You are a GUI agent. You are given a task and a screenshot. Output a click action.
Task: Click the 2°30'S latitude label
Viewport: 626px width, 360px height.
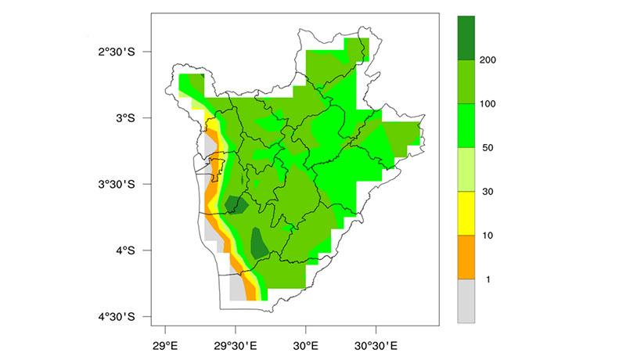[x=117, y=52]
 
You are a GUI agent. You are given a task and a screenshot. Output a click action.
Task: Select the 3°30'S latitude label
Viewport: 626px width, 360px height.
[x=117, y=185]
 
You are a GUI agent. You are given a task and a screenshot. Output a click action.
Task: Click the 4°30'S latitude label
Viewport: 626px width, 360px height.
[x=117, y=317]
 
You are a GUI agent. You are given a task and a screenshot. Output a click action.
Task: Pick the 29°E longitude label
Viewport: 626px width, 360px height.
[x=166, y=344]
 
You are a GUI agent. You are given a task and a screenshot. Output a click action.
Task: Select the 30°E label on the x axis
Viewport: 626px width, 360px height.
[x=306, y=344]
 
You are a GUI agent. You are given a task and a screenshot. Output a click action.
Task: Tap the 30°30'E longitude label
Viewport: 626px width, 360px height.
[x=376, y=344]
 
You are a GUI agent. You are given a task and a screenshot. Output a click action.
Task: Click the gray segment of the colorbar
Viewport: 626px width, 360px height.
[x=466, y=301]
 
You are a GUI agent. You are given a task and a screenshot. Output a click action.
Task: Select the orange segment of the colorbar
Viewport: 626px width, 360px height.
[x=466, y=257]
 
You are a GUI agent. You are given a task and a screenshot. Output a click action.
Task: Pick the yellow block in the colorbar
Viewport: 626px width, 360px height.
[x=466, y=213]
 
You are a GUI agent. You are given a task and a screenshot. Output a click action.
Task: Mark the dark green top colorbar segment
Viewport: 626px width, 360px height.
[x=466, y=38]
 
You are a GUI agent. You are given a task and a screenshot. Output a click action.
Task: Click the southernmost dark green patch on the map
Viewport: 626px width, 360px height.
[x=259, y=243]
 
